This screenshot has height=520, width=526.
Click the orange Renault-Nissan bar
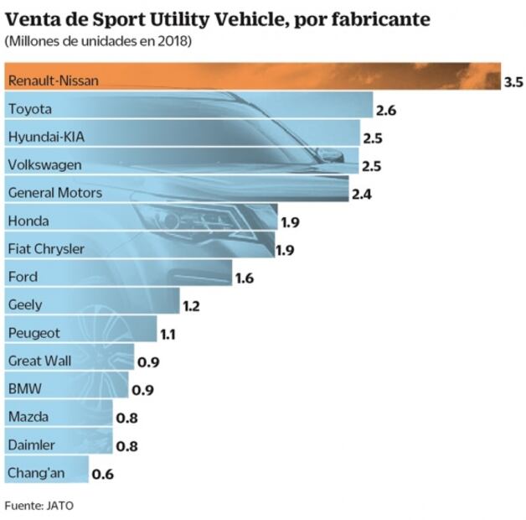coord(251,81)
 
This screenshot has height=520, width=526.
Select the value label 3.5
coord(513,82)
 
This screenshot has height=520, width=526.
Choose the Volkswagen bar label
coord(44,164)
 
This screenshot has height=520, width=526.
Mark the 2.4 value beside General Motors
coord(362,194)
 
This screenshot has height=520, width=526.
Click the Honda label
coord(28,221)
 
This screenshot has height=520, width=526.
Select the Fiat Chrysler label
coord(44,248)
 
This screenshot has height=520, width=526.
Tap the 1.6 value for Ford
coord(244,278)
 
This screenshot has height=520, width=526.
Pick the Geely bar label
coord(24,304)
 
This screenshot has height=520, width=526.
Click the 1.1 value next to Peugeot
coord(168,334)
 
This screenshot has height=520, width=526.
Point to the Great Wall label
coord(39,361)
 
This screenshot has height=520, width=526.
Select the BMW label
coord(23,388)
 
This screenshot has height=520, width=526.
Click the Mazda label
coord(28,416)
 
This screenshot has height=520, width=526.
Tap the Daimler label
coord(31,445)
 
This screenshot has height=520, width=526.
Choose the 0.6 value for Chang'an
coord(102,474)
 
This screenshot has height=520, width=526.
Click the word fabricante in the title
coord(382,18)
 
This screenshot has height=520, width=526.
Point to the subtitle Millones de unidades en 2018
coord(97,41)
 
